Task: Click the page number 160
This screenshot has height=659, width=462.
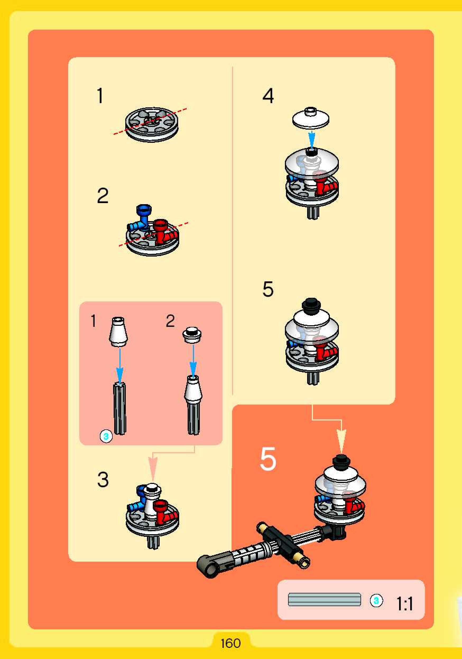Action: tap(230, 643)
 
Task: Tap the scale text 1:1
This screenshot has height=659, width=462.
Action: tap(405, 604)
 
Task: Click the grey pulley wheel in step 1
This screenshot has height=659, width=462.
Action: tap(152, 125)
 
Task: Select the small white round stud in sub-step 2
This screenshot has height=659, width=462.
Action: tap(192, 334)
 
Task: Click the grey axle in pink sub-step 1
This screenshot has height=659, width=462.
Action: tap(119, 408)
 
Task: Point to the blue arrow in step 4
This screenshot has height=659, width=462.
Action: tap(311, 140)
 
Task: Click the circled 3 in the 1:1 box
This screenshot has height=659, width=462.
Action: tap(376, 601)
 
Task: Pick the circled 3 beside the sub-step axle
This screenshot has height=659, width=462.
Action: tap(106, 437)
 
